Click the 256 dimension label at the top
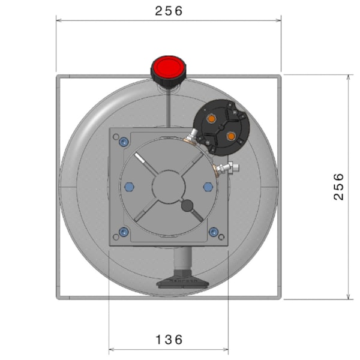168,11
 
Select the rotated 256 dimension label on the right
339,187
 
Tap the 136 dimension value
169,340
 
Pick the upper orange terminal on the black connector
211,119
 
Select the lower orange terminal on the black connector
230,137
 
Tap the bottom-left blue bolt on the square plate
124,232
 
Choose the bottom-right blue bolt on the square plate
213,232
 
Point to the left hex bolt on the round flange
128,187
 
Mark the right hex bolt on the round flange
208,187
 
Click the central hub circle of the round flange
168,187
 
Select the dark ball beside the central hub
187,206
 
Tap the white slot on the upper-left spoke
141,159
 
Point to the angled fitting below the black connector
191,139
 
